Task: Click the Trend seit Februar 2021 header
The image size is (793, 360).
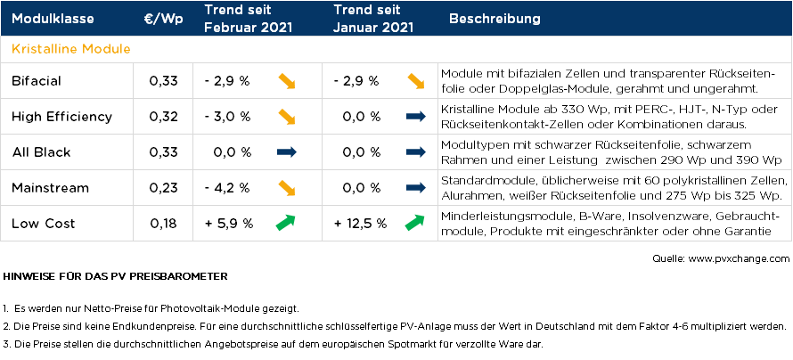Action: [x=242, y=19]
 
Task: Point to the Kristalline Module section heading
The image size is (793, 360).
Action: [x=70, y=48]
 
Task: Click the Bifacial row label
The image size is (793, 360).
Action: [x=37, y=81]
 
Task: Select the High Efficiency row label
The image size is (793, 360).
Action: [x=61, y=117]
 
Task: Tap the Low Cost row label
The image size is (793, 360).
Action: [x=43, y=223]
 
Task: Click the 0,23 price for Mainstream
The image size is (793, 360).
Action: [x=164, y=187]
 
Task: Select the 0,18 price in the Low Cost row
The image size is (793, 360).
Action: [x=164, y=223]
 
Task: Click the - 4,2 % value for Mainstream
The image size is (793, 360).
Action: [x=226, y=187]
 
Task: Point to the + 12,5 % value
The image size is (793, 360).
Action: [x=360, y=223]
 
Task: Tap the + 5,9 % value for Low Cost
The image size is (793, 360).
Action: [x=229, y=223]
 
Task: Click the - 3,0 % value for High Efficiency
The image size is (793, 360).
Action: [x=226, y=117]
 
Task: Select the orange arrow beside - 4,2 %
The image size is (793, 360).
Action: [x=287, y=187]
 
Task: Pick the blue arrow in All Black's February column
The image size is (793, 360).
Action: [x=287, y=152]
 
